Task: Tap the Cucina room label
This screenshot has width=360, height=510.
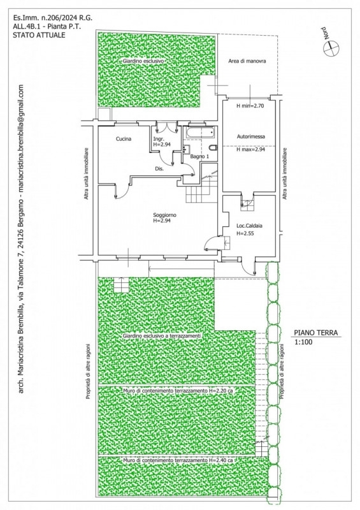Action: point(124,139)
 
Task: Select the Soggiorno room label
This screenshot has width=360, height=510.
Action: point(165,215)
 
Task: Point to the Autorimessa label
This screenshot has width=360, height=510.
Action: point(251,136)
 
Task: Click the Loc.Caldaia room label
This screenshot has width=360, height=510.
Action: point(249,226)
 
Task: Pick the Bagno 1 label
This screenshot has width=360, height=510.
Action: point(199,157)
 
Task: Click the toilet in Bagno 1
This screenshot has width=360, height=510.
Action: point(213,149)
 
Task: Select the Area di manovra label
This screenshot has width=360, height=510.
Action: point(247,61)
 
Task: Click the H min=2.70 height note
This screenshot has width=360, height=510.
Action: point(250,106)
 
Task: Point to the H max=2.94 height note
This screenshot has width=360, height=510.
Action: point(251,150)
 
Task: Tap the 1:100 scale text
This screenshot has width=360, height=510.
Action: point(303,342)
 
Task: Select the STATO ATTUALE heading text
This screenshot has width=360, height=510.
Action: point(39,35)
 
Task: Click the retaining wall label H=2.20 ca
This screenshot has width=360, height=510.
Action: point(178,390)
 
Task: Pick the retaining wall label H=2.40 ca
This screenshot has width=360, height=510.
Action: point(178,460)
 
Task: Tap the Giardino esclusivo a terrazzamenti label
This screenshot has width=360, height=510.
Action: point(162,336)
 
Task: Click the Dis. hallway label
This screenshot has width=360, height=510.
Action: point(159,169)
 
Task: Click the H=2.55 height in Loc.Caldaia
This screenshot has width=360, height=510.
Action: point(245,233)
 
